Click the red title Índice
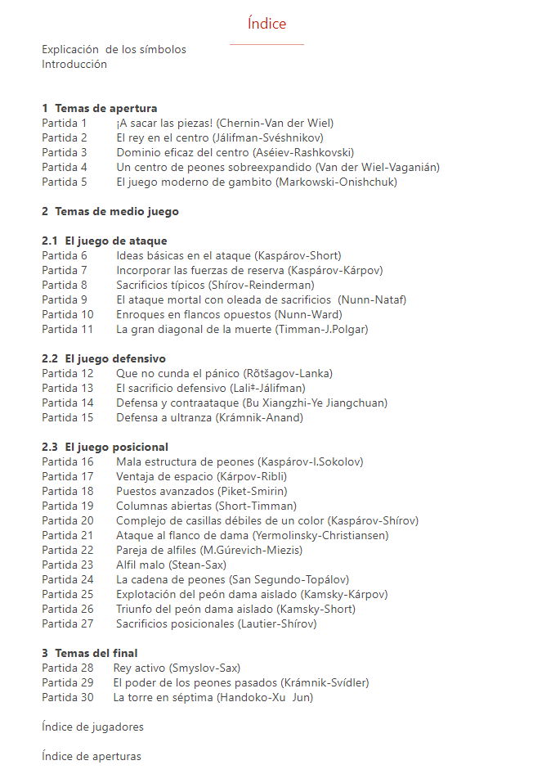[266, 24]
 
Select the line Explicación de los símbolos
[114, 49]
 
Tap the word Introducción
[74, 64]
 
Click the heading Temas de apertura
[105, 108]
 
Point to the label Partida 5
[65, 182]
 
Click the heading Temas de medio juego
[116, 211]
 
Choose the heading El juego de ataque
[115, 241]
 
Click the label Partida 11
[68, 329]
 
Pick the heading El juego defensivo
[115, 358]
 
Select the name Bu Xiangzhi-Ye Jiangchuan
[316, 403]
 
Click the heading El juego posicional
[116, 447]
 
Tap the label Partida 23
[68, 565]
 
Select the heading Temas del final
[96, 653]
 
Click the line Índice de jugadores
[93, 727]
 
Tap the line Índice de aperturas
[91, 756]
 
